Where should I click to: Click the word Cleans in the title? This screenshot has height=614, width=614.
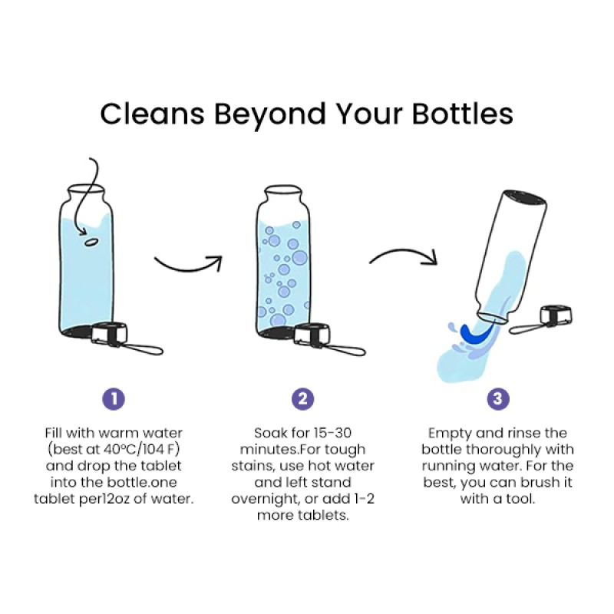(x=152, y=114)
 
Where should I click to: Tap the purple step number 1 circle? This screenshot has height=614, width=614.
(x=114, y=398)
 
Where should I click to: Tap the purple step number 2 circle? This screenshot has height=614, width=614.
(x=302, y=398)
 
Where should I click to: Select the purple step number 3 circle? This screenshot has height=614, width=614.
(x=498, y=398)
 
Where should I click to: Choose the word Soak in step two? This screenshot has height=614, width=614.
(x=270, y=434)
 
